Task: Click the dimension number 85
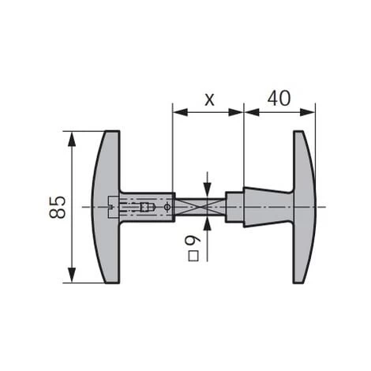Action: [x=57, y=207]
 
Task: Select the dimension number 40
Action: [x=279, y=98]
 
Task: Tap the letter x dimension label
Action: [x=209, y=100]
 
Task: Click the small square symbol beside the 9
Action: [x=193, y=256]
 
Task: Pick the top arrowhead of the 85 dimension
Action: [x=72, y=138]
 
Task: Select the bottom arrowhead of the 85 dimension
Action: [x=72, y=275]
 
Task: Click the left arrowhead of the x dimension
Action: [x=180, y=112]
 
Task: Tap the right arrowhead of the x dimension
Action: [x=236, y=112]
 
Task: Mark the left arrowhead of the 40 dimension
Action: [x=252, y=112]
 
